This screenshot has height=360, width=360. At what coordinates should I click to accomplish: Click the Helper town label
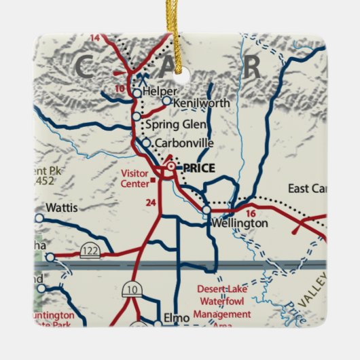160,91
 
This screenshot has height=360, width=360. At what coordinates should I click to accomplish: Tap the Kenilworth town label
202,103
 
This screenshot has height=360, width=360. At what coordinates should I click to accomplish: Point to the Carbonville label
184,143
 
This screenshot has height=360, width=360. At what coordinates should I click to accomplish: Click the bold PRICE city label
198,168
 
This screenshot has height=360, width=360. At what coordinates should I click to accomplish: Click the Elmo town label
173,317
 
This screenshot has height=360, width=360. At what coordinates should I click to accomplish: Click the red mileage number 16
251,213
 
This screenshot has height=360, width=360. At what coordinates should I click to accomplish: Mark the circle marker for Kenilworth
166,101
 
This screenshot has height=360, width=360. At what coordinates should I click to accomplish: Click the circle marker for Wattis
39,218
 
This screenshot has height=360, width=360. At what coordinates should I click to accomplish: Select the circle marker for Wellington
206,211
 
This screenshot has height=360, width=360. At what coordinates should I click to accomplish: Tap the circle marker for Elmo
157,317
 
